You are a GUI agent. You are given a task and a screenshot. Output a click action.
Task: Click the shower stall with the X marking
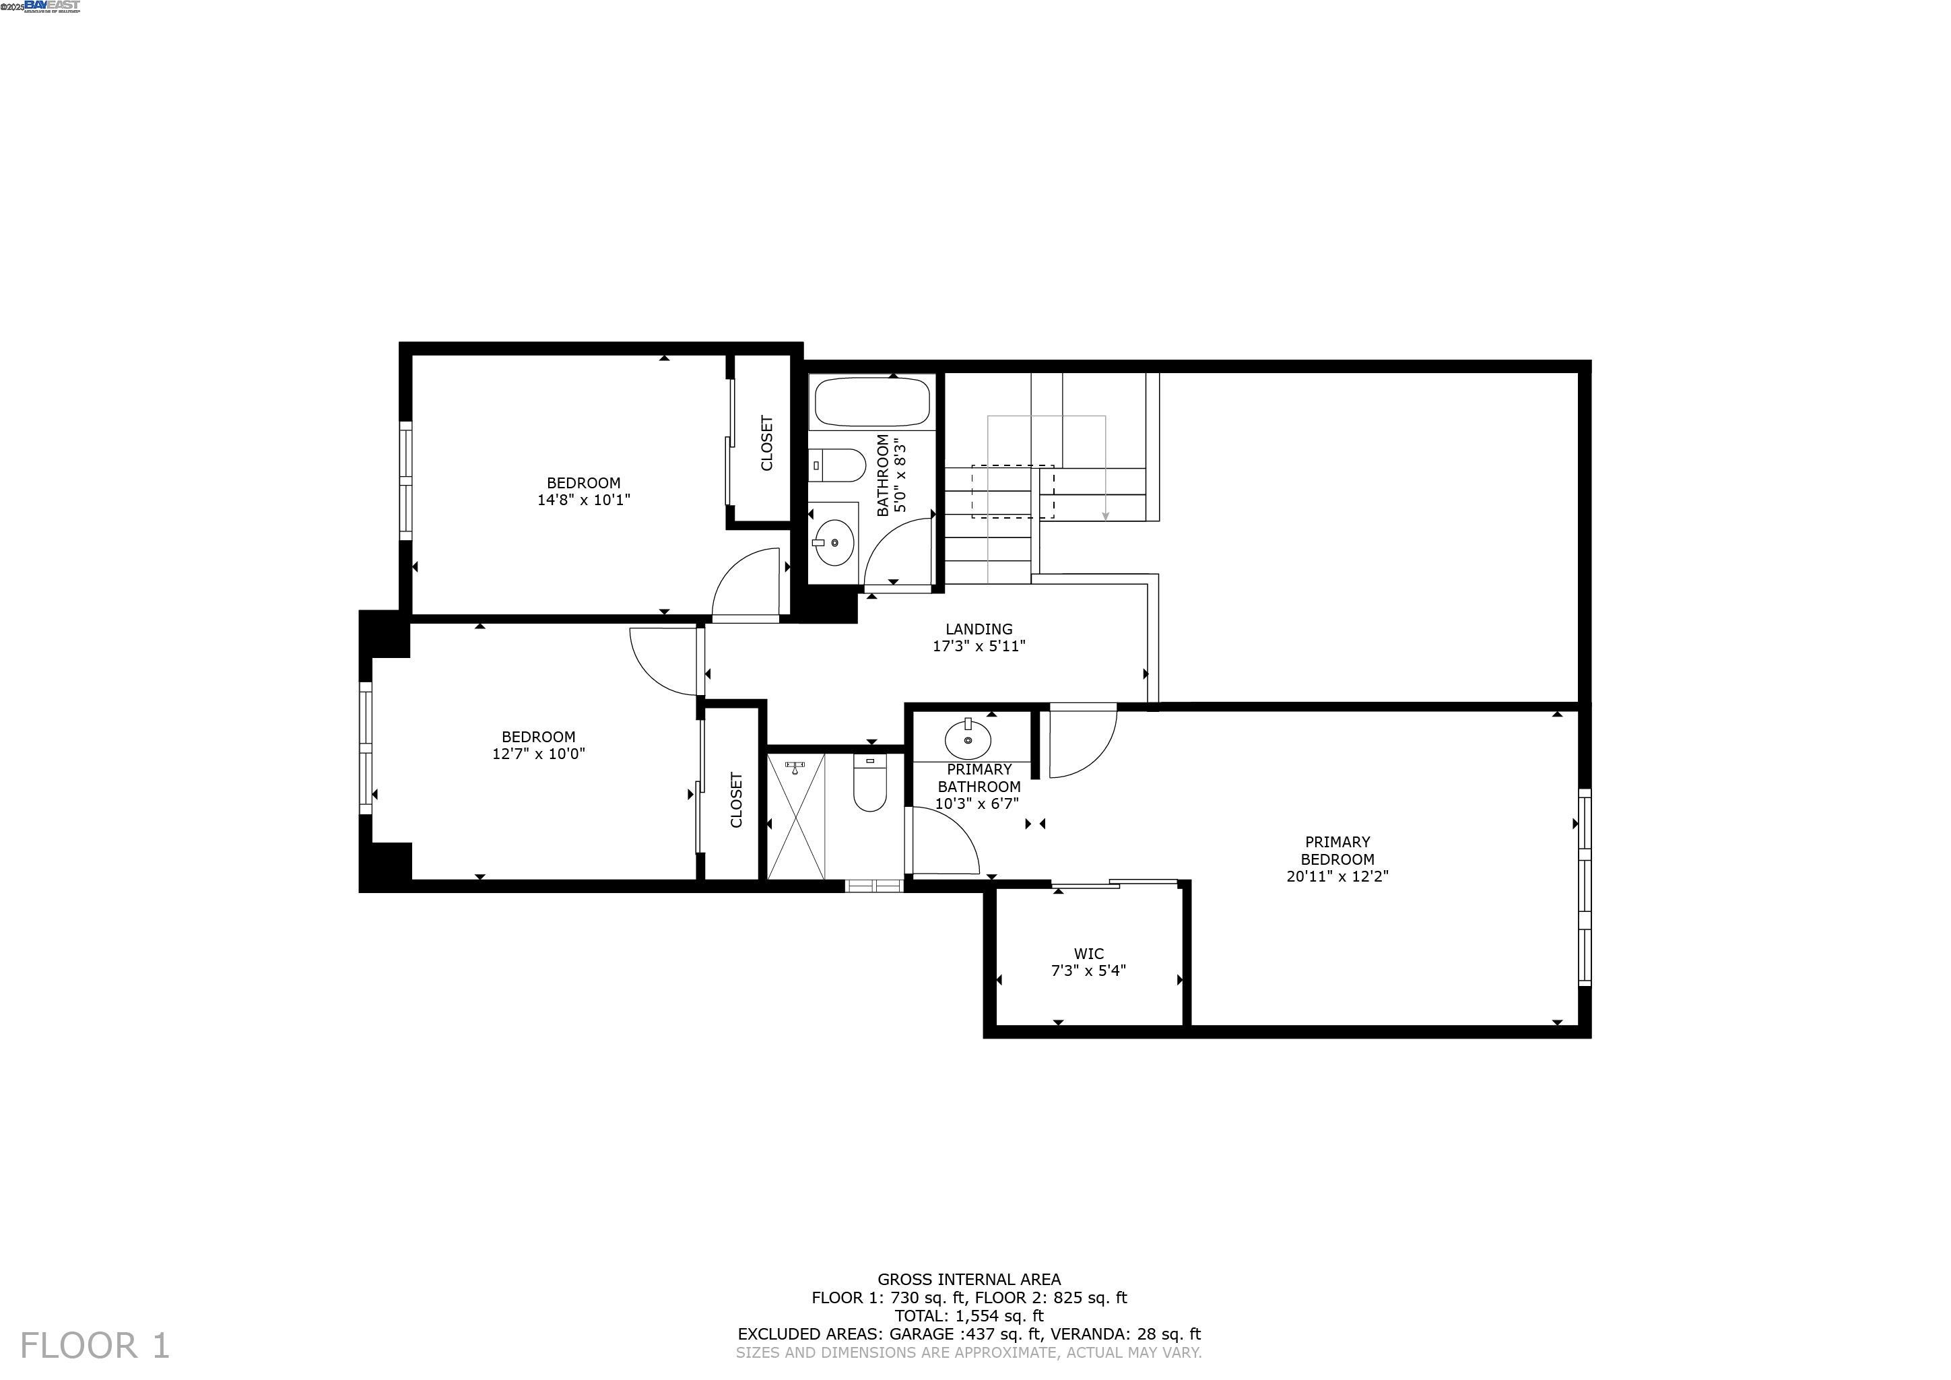pos(796,816)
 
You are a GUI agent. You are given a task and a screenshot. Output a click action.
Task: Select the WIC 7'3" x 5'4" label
pos(1088,962)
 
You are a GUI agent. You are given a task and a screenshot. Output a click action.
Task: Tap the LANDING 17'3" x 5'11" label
pos(979,637)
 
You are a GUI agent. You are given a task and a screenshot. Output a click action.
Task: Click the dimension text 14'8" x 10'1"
pos(584,500)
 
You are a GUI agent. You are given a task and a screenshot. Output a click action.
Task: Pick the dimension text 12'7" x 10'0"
pos(539,754)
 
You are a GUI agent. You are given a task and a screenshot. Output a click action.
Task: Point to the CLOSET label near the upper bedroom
pos(766,442)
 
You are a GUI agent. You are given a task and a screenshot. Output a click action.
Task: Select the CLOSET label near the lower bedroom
pos(736,799)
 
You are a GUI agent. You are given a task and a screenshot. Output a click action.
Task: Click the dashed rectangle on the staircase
pos(1012,491)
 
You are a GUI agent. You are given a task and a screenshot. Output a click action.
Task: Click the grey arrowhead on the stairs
pos(1106,516)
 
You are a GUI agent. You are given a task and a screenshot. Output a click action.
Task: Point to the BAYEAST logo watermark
pos(51,6)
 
